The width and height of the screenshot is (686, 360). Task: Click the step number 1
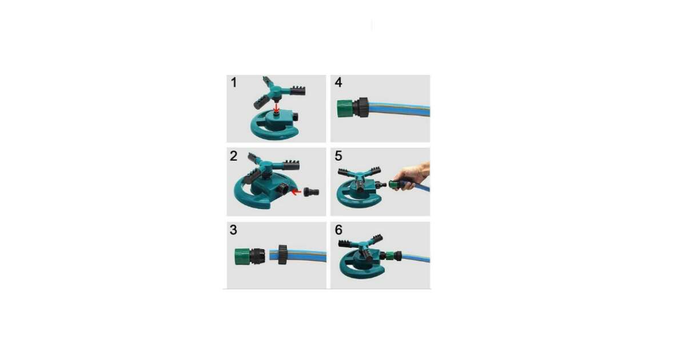[x=233, y=83]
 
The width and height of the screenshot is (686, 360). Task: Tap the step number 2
[x=233, y=156]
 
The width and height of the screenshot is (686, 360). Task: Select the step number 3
[x=233, y=230]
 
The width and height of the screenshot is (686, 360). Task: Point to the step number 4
[x=338, y=83]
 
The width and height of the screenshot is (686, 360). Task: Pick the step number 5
[x=338, y=156]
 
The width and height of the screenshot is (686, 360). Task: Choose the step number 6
[x=338, y=230]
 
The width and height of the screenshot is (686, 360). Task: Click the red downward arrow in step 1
[x=277, y=107]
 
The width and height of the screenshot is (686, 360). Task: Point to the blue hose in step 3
[x=309, y=254]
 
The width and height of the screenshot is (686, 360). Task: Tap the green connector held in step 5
[x=394, y=185]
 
